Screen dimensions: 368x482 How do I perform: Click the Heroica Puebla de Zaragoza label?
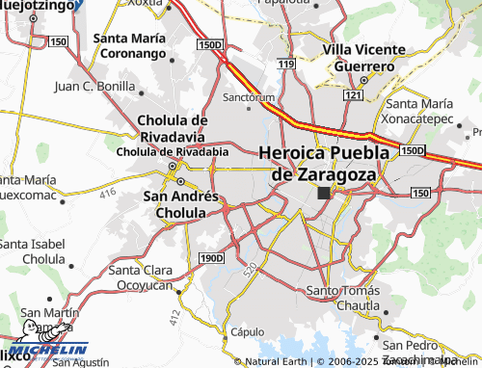(x=323, y=163)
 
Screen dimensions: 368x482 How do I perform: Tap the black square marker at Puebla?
(x=323, y=193)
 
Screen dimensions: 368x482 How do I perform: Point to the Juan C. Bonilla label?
(x=94, y=86)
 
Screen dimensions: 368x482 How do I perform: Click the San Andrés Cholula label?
(x=180, y=203)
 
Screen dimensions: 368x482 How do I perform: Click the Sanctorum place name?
(x=249, y=97)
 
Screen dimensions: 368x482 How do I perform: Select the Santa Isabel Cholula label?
(x=31, y=251)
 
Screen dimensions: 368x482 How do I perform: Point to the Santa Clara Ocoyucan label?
(x=145, y=276)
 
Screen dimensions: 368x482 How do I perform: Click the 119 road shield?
(x=284, y=64)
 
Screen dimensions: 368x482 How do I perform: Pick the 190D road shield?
(x=211, y=258)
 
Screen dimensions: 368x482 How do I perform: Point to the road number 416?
(x=106, y=195)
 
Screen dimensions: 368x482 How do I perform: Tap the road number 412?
(x=174, y=314)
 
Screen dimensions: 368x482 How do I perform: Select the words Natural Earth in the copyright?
(x=278, y=362)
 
